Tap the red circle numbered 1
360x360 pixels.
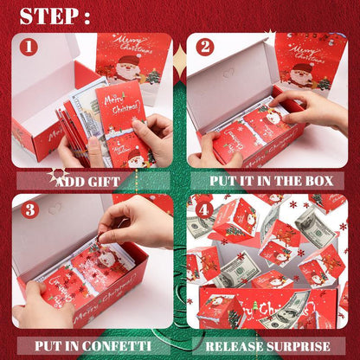[29, 46]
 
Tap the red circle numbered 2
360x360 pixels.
[205, 46]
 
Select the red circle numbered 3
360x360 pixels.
[29, 209]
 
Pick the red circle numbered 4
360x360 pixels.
[205, 209]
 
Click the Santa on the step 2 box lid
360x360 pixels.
[303, 74]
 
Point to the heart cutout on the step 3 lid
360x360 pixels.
[55, 209]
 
